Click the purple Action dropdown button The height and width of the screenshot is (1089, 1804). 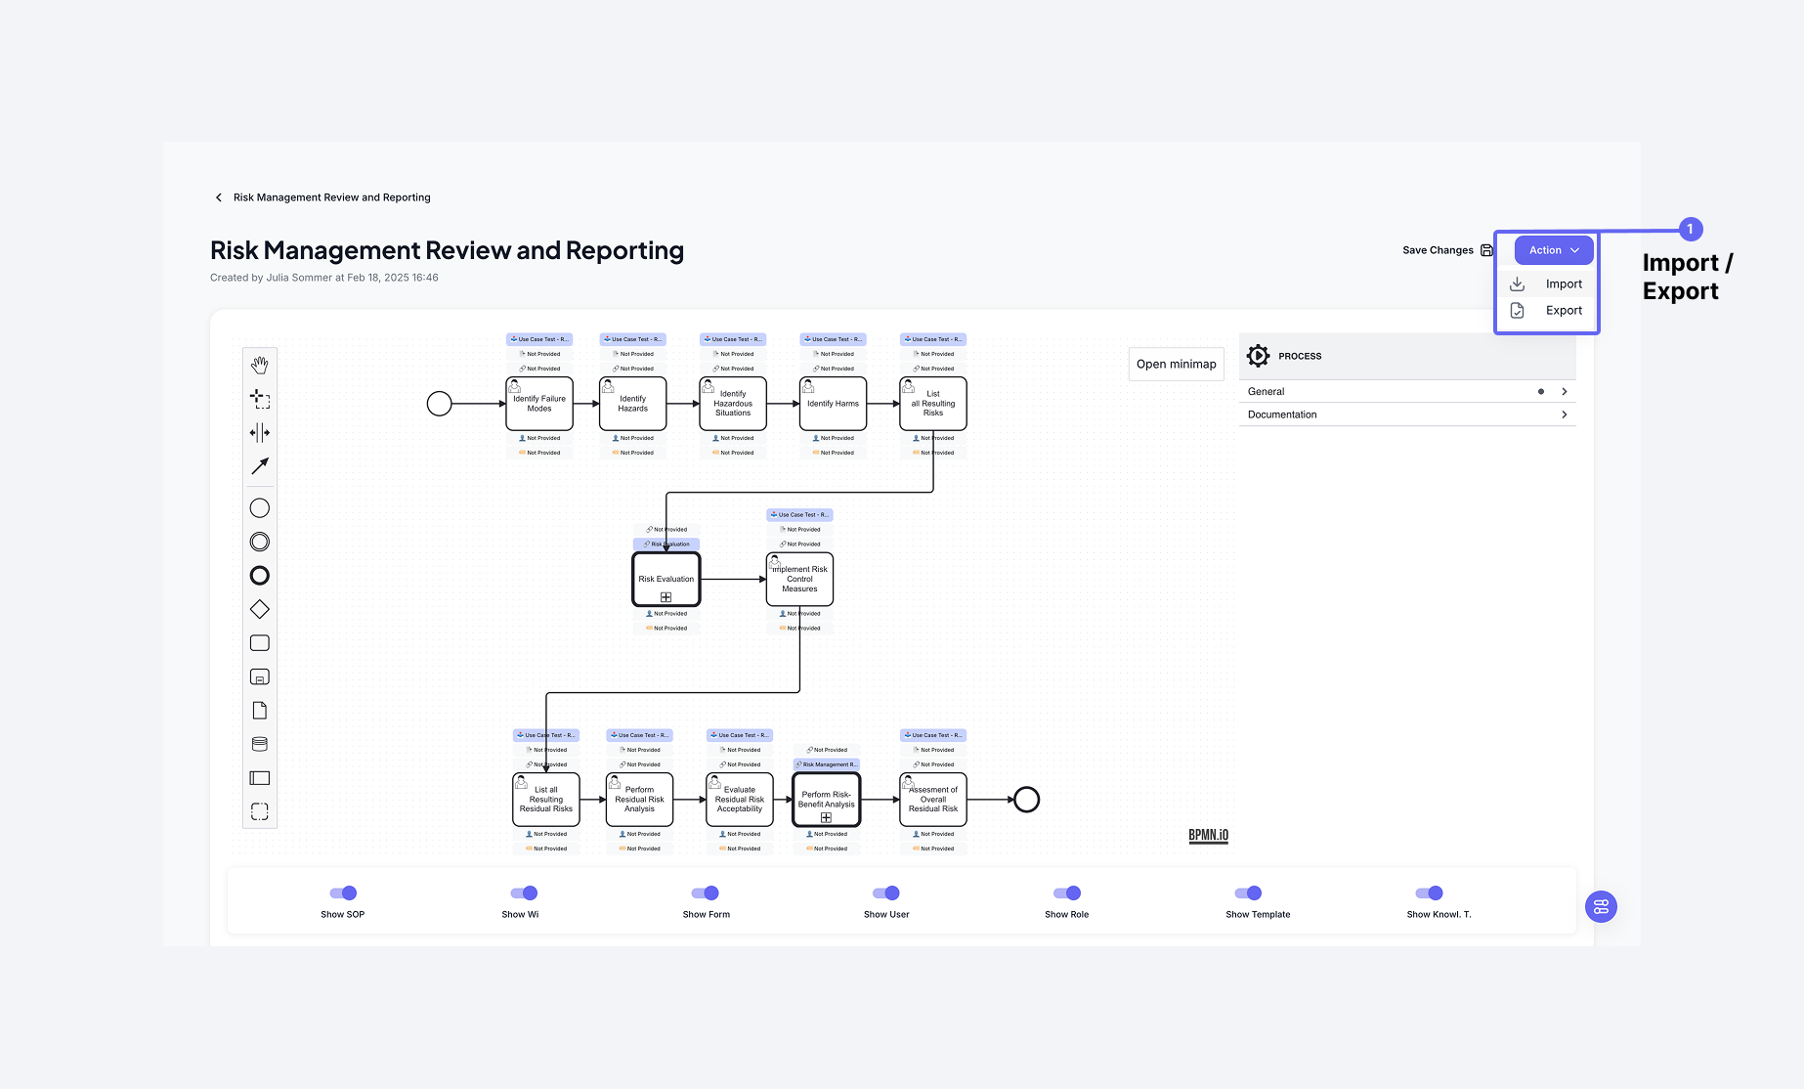pos(1553,250)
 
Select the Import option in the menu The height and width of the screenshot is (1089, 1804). pos(1563,284)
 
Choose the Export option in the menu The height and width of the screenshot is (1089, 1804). pos(1563,311)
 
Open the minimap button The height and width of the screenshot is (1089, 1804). pos(1176,365)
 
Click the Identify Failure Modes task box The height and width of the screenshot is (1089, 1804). pos(539,404)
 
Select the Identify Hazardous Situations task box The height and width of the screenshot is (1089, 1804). pos(733,404)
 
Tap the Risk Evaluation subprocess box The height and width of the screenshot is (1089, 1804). pos(666,580)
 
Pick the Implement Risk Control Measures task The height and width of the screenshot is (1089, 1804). pos(799,580)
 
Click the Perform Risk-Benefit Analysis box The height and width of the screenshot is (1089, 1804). pos(826,800)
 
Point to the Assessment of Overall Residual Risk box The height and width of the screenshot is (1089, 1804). pos(933,800)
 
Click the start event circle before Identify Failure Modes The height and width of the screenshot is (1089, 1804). pos(440,404)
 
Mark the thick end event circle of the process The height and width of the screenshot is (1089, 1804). pos(1026,800)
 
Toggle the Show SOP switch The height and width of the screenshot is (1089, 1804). pos(343,893)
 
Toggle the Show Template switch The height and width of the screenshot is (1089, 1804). pos(1248,893)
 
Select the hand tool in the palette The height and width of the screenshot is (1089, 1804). pos(260,365)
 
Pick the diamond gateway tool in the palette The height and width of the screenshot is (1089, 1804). pos(260,610)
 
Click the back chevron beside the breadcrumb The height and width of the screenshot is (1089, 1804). pos(219,197)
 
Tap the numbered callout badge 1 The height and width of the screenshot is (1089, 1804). pos(1690,229)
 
